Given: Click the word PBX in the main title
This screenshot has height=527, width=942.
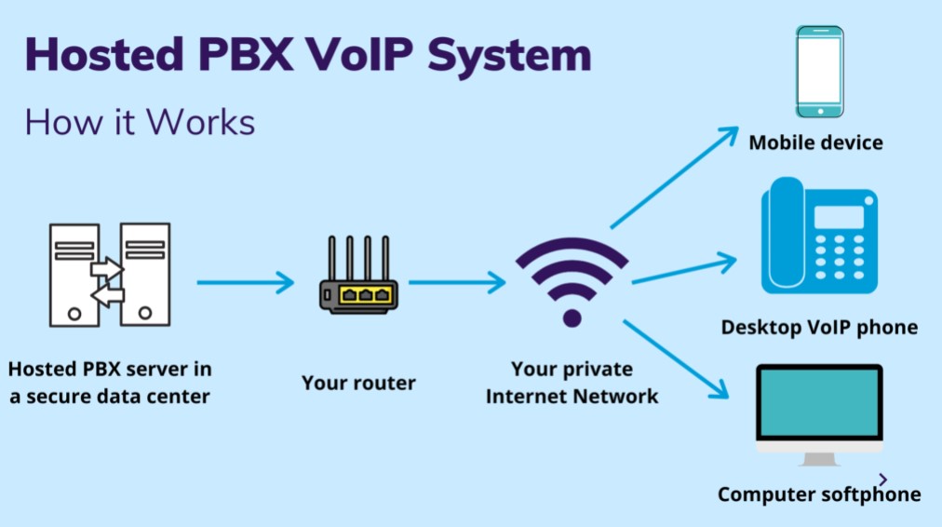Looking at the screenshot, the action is coord(246,55).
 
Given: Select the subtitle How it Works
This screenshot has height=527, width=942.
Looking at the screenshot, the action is coord(140,122).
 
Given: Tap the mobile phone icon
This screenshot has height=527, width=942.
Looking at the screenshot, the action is coord(819,72).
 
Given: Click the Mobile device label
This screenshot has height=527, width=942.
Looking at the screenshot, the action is coord(815,142).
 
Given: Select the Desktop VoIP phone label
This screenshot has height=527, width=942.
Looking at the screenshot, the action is coord(819,327).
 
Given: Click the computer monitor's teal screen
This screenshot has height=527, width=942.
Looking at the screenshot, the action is coord(819,402).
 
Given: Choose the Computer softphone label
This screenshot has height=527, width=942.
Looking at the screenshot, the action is coord(819,494).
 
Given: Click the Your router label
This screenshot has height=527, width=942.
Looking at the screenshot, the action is coord(358,383).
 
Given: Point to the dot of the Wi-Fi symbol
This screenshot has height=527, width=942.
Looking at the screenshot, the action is coord(572,318).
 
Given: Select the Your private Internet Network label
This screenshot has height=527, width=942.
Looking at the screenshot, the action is coord(572,382).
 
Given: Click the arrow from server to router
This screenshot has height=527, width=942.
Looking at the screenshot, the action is coord(246,282).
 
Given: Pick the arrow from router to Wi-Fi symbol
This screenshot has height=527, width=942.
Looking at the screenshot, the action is coord(457,282).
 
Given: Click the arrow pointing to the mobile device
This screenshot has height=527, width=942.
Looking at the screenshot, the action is coord(674,178).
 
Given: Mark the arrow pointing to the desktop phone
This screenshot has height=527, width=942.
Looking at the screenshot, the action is coord(684,268).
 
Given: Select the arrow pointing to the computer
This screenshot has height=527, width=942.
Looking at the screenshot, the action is coord(676,359).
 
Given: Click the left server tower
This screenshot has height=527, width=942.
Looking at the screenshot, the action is coord(74,276).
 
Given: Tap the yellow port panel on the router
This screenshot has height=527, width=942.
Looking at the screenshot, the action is coord(366,295).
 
